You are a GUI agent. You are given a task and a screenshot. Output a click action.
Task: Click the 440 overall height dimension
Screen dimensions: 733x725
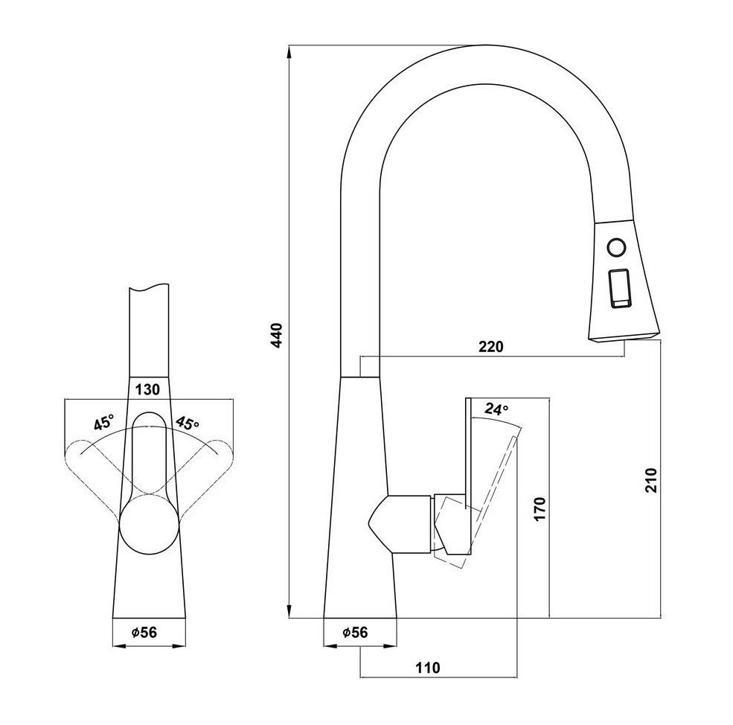pos(278,335)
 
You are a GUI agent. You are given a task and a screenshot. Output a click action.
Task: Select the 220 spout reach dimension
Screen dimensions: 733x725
pos(491,347)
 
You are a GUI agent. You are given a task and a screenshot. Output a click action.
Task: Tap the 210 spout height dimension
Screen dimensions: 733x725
pos(650,479)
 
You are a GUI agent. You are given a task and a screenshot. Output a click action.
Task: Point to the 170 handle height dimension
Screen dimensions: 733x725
pos(540,509)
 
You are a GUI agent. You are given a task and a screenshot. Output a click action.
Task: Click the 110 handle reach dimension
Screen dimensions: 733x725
pos(428,668)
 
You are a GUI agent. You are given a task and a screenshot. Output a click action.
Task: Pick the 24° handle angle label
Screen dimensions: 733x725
pos(496,409)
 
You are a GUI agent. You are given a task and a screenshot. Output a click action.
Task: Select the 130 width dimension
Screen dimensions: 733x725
pos(148,389)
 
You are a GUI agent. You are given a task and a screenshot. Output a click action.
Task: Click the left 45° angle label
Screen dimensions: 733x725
pos(103,422)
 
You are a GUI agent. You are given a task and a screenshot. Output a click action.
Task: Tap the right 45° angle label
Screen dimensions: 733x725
pos(187,423)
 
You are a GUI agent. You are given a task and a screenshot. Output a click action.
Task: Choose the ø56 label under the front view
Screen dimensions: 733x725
pos(144,633)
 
